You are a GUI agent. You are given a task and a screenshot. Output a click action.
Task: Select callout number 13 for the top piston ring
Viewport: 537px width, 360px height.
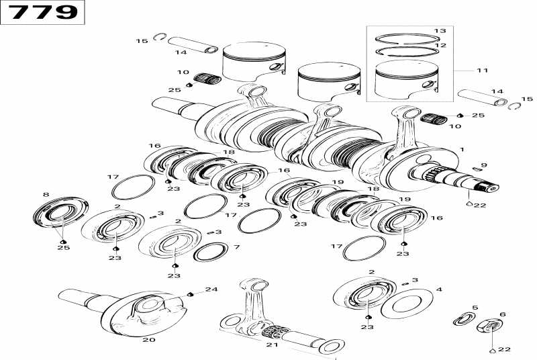pos(440,31)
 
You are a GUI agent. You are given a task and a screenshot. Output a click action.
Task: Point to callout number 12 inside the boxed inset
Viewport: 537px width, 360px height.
pos(440,45)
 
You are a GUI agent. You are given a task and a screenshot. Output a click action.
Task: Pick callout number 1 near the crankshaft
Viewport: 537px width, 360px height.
pos(461,149)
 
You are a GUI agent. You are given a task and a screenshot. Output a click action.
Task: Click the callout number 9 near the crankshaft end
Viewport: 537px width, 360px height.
pos(484,165)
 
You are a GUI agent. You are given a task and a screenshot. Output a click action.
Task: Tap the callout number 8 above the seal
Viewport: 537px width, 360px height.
pos(46,195)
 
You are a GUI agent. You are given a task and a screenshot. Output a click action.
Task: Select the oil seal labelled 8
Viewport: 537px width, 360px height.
pos(60,217)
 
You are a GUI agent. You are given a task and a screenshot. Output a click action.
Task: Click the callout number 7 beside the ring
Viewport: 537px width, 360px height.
pos(236,247)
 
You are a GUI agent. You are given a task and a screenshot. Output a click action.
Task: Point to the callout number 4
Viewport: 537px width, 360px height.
pos(439,290)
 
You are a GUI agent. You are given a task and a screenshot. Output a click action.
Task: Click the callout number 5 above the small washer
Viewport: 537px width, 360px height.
pos(475,308)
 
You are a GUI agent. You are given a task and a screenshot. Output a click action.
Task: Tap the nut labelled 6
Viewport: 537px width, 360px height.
pos(490,328)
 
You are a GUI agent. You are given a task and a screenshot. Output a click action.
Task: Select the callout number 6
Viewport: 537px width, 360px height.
pos(502,314)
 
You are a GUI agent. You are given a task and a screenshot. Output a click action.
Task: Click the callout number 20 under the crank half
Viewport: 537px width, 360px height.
pos(148,340)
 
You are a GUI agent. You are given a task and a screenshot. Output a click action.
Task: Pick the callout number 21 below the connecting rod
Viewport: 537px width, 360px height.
pos(271,345)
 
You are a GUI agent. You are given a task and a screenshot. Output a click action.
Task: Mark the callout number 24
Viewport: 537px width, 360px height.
pos(212,289)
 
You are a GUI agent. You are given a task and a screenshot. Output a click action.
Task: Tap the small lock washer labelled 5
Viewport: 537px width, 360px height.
pos(462,319)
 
